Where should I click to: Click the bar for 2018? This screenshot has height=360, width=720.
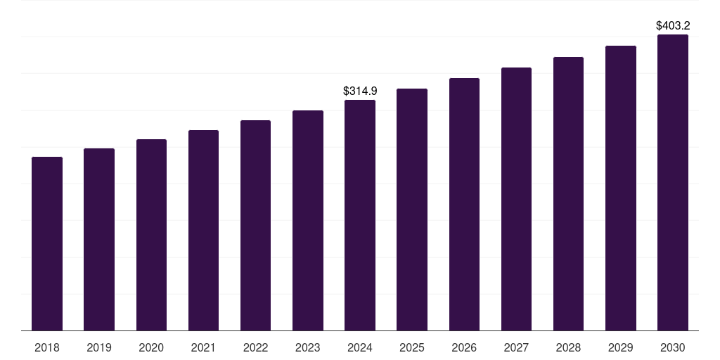coord(47,244)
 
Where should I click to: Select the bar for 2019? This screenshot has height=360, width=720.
coord(99,240)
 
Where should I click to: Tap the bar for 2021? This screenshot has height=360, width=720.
coord(203,231)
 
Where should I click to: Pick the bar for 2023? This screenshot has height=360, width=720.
coord(308,220)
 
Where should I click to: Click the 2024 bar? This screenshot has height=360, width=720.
coord(360,215)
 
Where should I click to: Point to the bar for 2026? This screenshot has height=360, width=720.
coord(464,205)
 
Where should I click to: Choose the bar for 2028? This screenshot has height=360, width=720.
coord(568,194)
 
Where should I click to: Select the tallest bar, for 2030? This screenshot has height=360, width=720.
coord(673,183)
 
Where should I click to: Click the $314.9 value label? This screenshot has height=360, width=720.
coord(360,91)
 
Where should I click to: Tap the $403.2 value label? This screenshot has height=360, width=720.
coord(673,26)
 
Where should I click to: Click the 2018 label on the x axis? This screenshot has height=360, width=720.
coord(47,347)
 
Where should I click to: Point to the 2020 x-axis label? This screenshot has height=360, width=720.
coord(151,347)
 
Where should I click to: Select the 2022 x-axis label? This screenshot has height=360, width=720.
coord(255,347)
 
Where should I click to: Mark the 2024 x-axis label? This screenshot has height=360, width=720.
coord(360,347)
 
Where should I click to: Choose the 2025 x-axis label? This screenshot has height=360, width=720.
coord(412,347)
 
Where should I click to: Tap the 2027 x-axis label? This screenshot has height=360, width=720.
coord(516,347)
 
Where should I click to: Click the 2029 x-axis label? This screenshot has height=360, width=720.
coord(620,347)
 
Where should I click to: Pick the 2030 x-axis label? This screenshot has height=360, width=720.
coord(673,347)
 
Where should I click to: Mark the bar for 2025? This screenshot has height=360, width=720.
coord(412,210)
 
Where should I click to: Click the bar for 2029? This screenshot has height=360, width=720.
coord(620,188)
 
